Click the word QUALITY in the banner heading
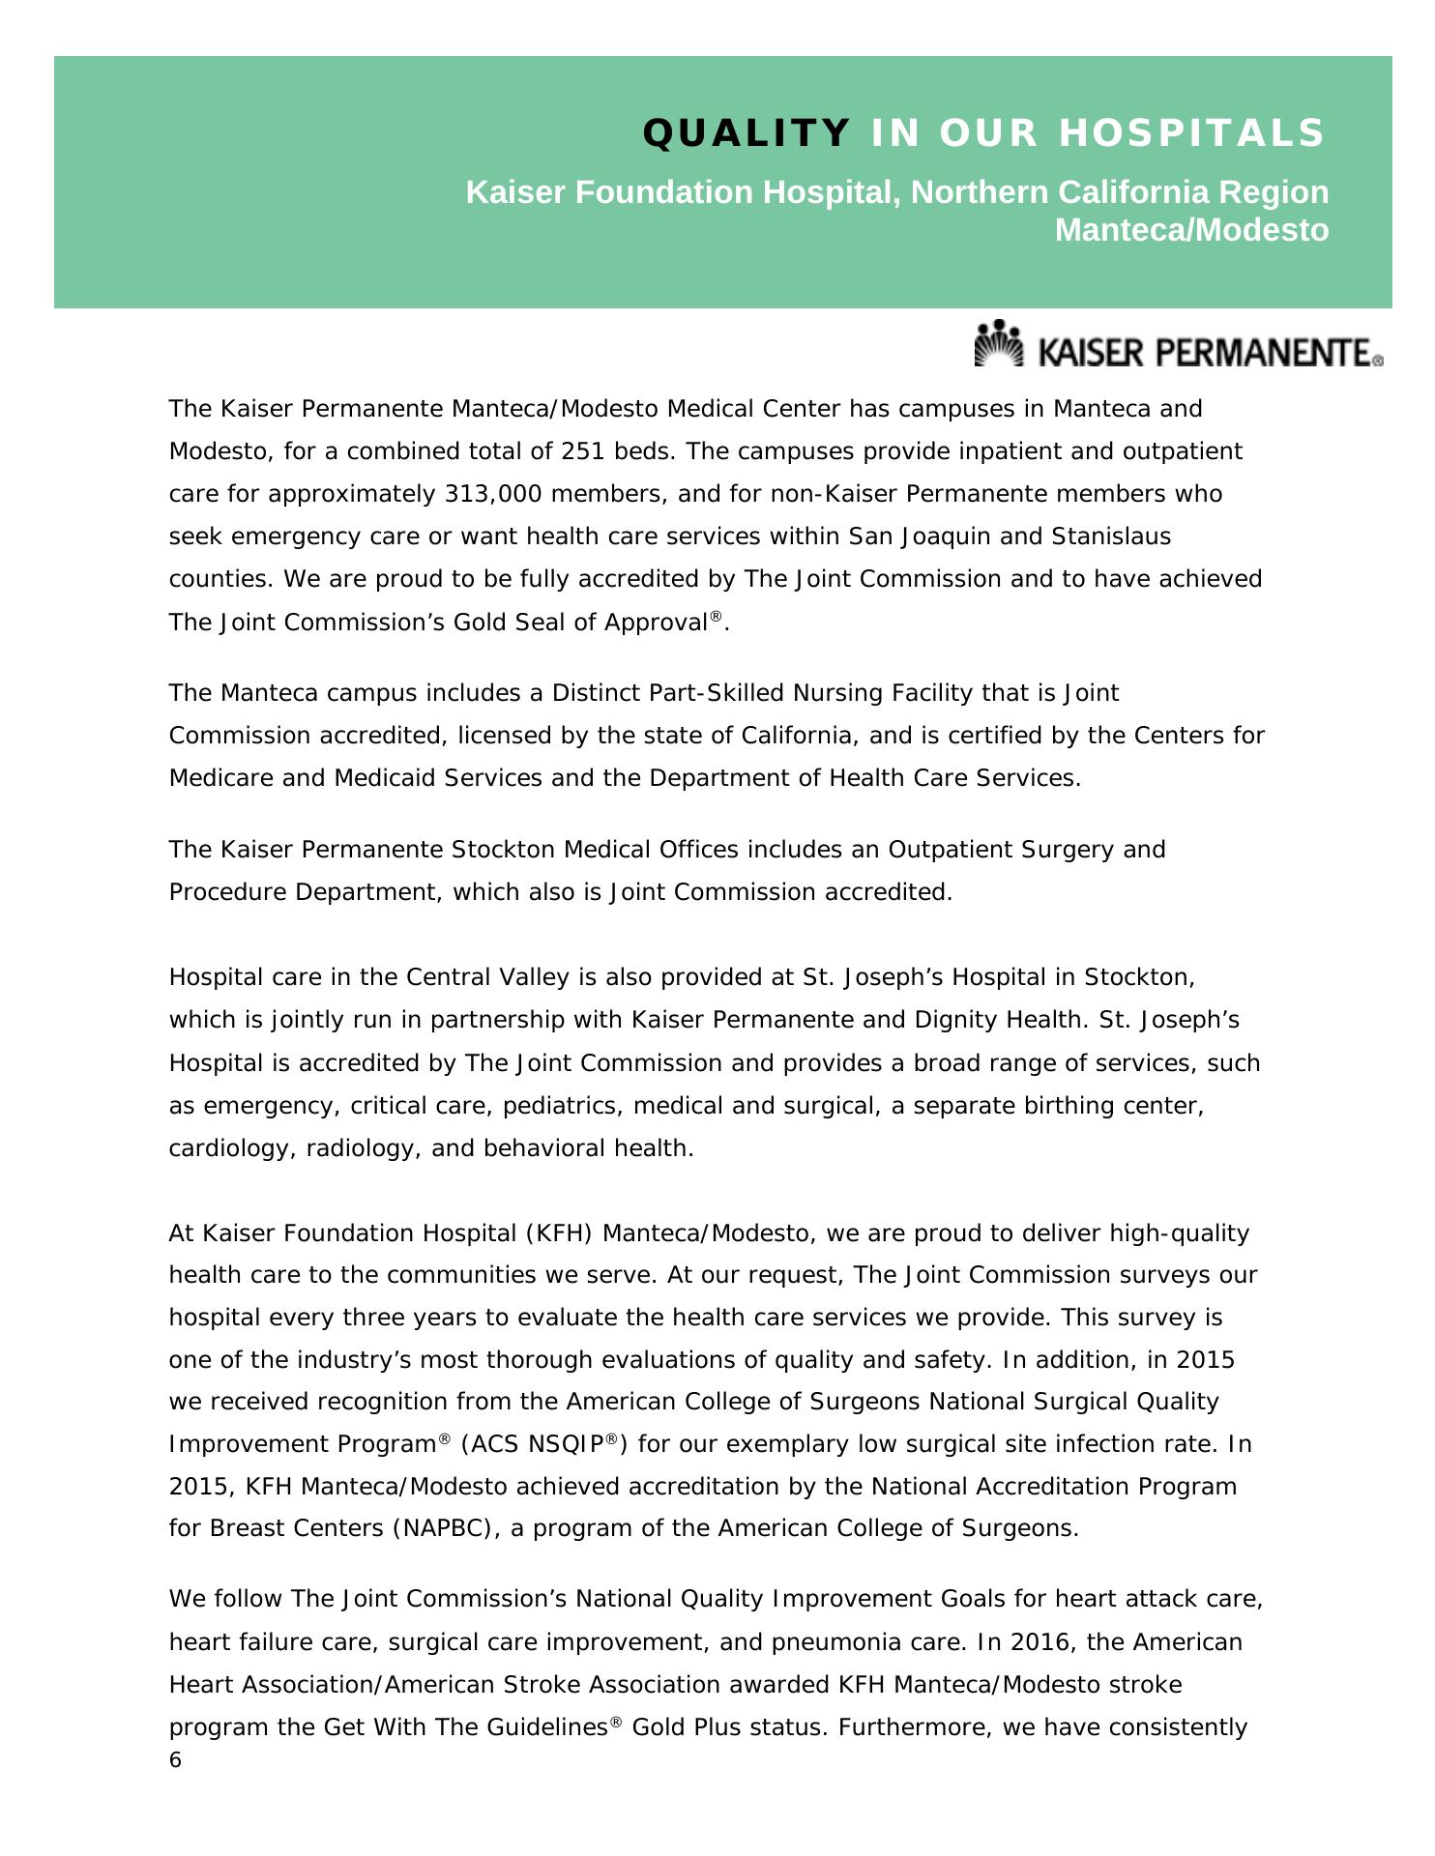pos(746,133)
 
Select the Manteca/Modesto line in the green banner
pos(1191,231)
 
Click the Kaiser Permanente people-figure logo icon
pos(999,344)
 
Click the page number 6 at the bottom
pos(175,1760)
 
